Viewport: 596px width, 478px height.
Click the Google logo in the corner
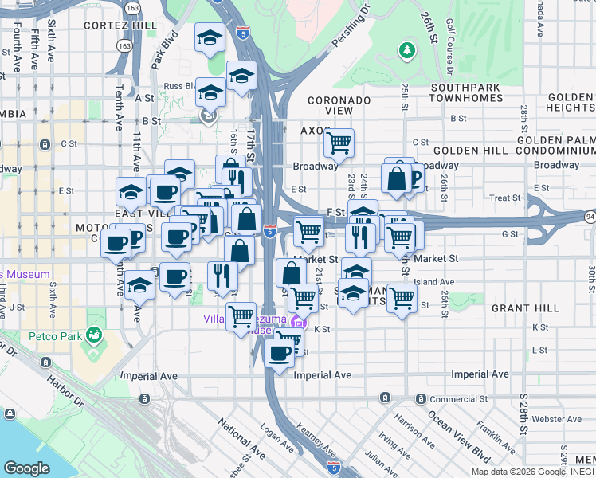point(27,468)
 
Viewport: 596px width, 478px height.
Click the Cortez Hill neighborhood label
point(123,25)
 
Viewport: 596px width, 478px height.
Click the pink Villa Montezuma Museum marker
point(298,323)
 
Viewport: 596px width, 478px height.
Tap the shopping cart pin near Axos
point(339,143)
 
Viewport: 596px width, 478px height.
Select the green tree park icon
point(407,51)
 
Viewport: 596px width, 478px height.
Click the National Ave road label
point(241,439)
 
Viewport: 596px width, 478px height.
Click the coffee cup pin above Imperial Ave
point(279,353)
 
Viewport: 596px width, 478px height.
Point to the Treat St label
point(505,198)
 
